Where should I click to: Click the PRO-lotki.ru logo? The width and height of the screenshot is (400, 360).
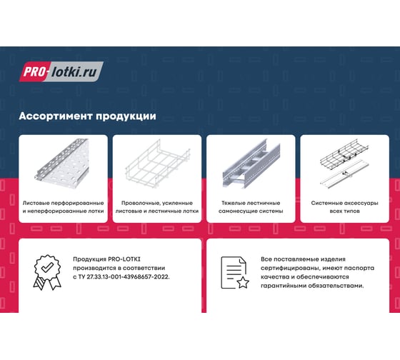click(x=61, y=71)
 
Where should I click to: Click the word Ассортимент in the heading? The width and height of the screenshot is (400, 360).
click(x=56, y=116)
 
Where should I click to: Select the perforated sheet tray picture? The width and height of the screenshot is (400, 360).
click(x=62, y=161)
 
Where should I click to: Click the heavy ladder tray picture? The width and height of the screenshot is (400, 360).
click(x=251, y=164)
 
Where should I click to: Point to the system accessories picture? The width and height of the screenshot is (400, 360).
click(x=344, y=164)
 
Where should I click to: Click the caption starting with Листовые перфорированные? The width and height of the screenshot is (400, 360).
click(x=64, y=207)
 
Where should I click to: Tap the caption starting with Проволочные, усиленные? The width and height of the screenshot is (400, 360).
click(x=157, y=207)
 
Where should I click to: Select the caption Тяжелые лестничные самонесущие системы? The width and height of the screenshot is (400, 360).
click(x=251, y=207)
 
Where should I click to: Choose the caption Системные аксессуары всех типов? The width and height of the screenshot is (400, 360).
click(x=344, y=207)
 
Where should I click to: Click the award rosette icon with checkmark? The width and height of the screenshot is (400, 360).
click(x=47, y=272)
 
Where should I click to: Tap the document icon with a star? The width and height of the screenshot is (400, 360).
click(x=235, y=272)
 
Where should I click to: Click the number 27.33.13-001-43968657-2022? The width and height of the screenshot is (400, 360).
click(x=128, y=277)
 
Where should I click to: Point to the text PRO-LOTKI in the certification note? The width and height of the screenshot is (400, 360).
click(x=124, y=259)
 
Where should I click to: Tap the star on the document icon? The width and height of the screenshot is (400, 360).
click(x=243, y=283)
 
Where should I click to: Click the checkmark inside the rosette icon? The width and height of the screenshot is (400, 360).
click(x=47, y=267)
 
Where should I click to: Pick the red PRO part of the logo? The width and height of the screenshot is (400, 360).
click(x=35, y=71)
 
